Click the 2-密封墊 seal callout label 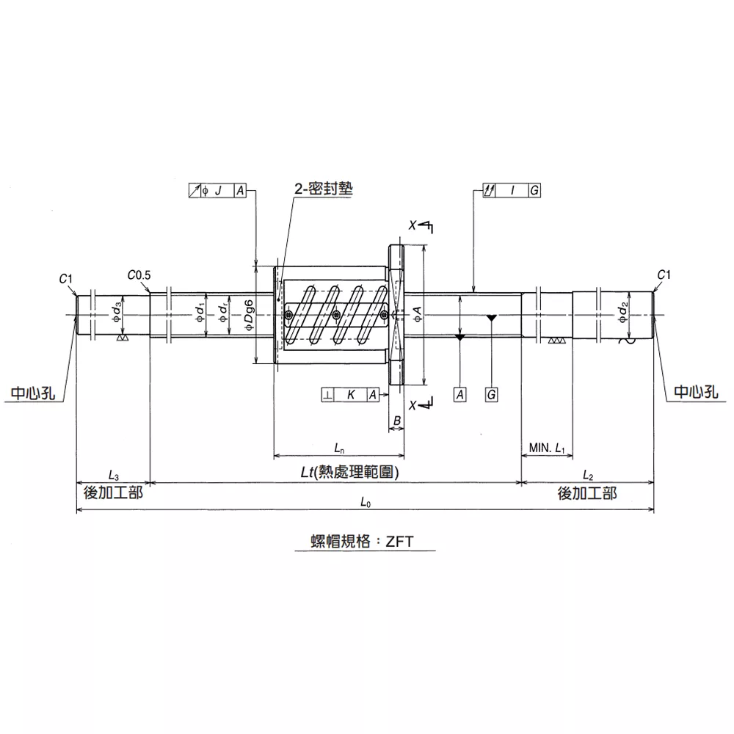pyautogui.click(x=323, y=189)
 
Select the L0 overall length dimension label pyautogui.click(x=366, y=502)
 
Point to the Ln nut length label pyautogui.click(x=339, y=448)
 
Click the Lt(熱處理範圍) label pyautogui.click(x=349, y=472)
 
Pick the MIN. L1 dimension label pyautogui.click(x=547, y=448)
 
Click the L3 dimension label pyautogui.click(x=113, y=475)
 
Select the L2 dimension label pyautogui.click(x=588, y=475)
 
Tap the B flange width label pyautogui.click(x=397, y=421)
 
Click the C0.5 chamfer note pyautogui.click(x=139, y=275)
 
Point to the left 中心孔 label pyautogui.click(x=33, y=393)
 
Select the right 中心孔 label pyautogui.click(x=696, y=392)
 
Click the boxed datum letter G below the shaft pyautogui.click(x=491, y=395)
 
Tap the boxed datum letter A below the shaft pyautogui.click(x=460, y=395)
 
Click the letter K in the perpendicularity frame pyautogui.click(x=351, y=395)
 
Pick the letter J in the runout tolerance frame pyautogui.click(x=218, y=191)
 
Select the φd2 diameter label pyautogui.click(x=623, y=312)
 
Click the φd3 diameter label pyautogui.click(x=117, y=312)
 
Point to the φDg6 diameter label pyautogui.click(x=249, y=315)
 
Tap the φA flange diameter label pyautogui.click(x=418, y=313)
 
